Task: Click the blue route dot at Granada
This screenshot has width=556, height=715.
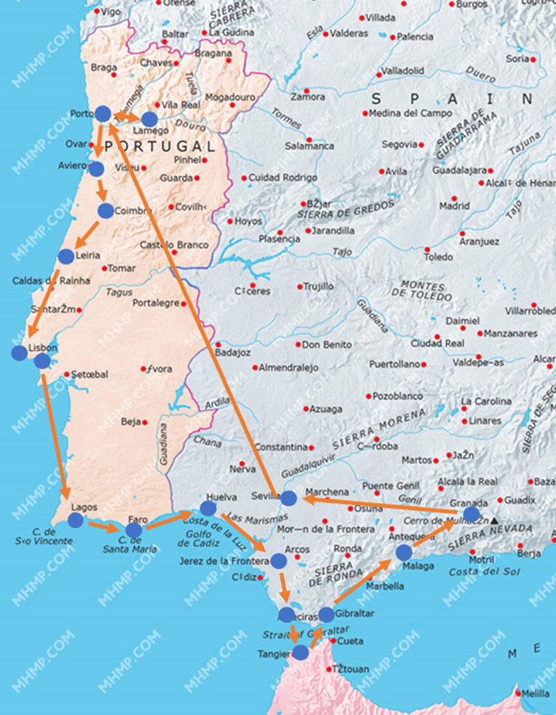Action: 471,514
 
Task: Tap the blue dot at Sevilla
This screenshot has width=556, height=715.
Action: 288,498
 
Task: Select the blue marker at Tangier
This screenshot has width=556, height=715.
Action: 300,652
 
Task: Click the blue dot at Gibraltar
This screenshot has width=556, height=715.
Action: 326,615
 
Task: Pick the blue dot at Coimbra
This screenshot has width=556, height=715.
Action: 106,211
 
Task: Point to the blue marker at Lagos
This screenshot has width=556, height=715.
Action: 76,520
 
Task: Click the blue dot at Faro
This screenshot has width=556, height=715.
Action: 133,531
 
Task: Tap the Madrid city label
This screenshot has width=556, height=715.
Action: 454,206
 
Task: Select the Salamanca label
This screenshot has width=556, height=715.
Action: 309,146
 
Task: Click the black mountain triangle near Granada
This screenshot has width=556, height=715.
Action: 494,520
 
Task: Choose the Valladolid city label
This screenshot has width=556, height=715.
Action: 402,71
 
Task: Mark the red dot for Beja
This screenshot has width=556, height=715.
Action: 145,422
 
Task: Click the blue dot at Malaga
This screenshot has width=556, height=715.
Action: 404,553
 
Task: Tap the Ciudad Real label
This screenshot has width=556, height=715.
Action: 437,343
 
